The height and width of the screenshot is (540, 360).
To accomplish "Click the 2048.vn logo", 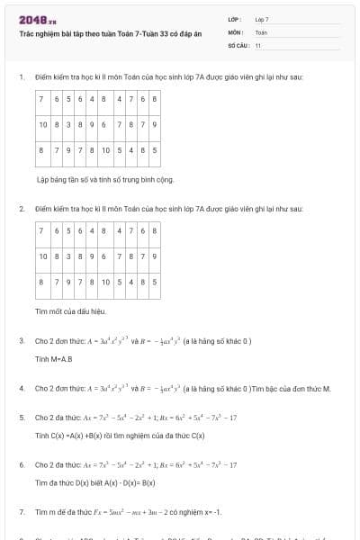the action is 38,19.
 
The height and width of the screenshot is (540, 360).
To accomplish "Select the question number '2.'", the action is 21,209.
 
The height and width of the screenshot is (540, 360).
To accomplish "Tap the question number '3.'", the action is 21,341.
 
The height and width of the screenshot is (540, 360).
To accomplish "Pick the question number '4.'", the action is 21,388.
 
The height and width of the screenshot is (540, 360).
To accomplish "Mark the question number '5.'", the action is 21,418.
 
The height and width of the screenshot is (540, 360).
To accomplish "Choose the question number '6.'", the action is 21,464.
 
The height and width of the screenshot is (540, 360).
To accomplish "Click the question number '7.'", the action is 21,511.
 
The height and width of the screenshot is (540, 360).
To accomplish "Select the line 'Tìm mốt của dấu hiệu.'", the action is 70,311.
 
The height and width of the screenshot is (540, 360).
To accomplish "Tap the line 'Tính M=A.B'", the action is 53,358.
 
